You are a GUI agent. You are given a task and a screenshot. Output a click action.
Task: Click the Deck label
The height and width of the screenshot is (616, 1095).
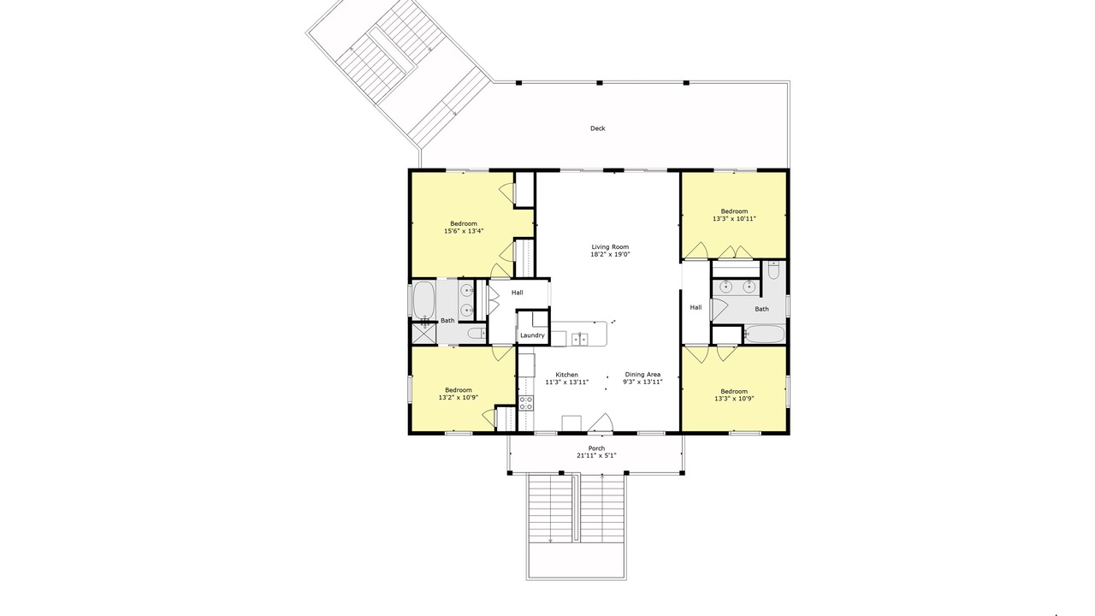[x=597, y=128]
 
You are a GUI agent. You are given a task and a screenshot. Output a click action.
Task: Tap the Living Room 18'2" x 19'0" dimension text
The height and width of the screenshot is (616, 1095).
[x=610, y=255]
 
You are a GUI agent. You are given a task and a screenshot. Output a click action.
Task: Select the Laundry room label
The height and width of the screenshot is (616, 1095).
[x=532, y=335]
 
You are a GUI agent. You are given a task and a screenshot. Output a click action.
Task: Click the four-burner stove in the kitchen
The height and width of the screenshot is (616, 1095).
[x=526, y=403]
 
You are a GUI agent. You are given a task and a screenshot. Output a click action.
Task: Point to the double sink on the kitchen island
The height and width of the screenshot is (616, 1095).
[x=580, y=339]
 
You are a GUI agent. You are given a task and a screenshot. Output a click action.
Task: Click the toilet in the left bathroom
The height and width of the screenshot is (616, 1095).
[x=475, y=334]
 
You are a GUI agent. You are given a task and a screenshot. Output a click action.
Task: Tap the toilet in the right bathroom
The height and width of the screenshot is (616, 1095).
[x=773, y=270]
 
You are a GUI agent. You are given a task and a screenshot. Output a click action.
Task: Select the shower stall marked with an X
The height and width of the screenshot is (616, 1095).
[x=423, y=333]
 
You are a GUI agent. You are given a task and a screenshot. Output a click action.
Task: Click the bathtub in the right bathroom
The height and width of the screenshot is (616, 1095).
[x=765, y=335]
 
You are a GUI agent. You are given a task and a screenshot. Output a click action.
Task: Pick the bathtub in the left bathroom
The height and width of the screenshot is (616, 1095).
[x=423, y=299]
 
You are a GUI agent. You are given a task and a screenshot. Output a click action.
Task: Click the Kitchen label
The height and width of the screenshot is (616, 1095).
[x=566, y=375]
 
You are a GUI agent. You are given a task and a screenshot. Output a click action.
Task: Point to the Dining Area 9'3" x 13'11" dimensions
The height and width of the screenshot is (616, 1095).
[x=642, y=382]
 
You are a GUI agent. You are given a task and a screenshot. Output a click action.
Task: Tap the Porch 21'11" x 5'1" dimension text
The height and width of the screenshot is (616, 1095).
[x=596, y=456]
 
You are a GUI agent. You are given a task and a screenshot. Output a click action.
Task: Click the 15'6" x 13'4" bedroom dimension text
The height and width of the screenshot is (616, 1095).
[x=464, y=231]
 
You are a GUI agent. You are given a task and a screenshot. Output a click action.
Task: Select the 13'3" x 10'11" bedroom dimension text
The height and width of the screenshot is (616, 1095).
[x=734, y=219]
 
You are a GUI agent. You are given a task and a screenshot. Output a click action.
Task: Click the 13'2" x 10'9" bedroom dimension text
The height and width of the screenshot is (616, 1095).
[x=458, y=398]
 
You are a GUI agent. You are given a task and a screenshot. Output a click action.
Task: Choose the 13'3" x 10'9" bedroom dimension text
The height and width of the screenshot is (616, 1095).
[x=734, y=399]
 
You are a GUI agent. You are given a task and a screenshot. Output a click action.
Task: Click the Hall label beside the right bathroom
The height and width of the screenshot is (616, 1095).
[x=695, y=307]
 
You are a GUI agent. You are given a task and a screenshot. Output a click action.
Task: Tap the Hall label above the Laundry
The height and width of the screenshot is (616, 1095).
[x=518, y=293]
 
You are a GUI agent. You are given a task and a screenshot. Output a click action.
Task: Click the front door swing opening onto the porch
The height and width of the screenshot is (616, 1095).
[x=603, y=423]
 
